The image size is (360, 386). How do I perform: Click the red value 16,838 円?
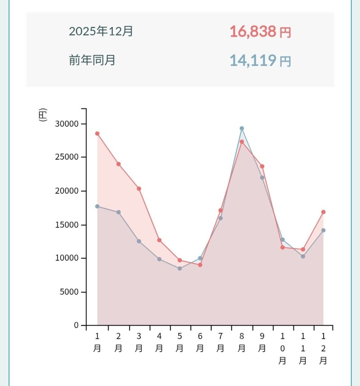(260, 32)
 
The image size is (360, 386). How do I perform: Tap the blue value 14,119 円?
(260, 60)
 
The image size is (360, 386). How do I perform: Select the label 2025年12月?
(101, 31)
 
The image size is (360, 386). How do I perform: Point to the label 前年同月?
(92, 60)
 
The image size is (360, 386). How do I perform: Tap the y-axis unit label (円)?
(43, 115)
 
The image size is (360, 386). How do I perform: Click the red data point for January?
(97, 133)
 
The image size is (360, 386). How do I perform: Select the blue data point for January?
(97, 206)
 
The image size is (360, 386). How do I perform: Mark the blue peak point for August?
(242, 129)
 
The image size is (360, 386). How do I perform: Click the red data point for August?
(242, 142)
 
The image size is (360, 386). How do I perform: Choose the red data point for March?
(139, 188)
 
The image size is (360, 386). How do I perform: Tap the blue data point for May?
(179, 268)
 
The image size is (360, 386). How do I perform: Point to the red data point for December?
(323, 212)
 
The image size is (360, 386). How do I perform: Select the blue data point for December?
(323, 230)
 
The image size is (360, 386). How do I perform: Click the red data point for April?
(159, 240)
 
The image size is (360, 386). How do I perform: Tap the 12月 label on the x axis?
(323, 349)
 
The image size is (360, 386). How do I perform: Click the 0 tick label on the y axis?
(76, 325)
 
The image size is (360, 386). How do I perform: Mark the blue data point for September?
(262, 178)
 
